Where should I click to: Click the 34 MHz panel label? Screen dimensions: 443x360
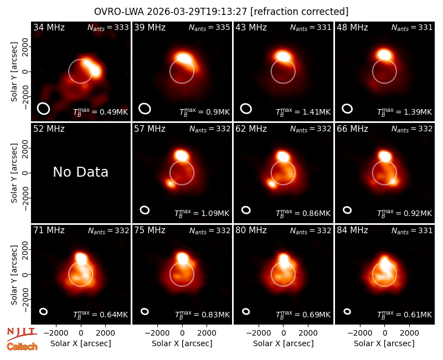click(x=49, y=27)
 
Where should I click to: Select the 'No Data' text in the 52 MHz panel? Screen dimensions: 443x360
click(x=80, y=172)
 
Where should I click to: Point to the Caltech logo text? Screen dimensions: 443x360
click(x=22, y=347)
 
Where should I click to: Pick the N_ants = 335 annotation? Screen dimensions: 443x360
click(x=209, y=27)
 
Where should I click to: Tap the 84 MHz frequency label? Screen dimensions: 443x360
click(x=352, y=230)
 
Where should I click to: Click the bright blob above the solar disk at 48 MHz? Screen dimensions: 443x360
click(x=384, y=54)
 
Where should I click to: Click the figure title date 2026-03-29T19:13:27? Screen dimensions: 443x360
click(x=197, y=12)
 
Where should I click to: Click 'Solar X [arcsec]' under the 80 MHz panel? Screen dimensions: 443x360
click(x=283, y=343)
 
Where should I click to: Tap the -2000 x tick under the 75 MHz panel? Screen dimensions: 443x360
click(x=157, y=333)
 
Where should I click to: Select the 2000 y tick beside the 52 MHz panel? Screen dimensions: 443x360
click(x=25, y=148)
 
